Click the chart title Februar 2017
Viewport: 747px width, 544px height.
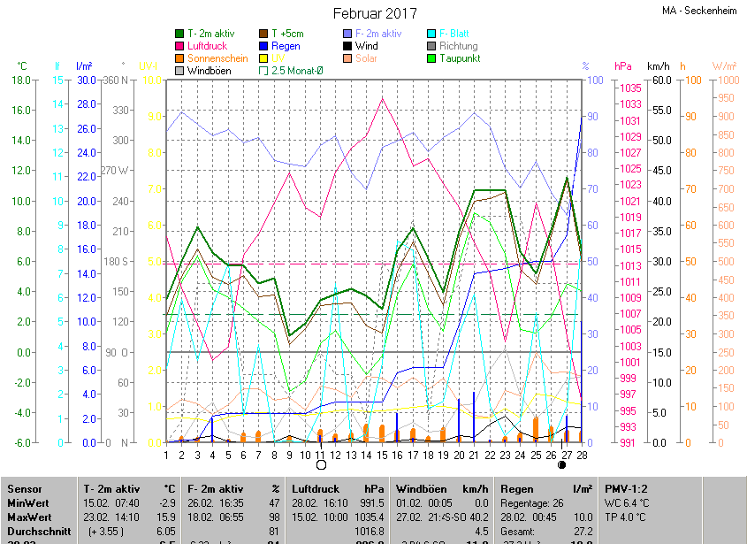(375, 13)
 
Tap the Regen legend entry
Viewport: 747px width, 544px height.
(286, 46)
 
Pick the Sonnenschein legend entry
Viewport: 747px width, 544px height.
(217, 58)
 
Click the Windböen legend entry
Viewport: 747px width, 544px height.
(209, 71)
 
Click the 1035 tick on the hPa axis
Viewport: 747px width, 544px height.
(630, 88)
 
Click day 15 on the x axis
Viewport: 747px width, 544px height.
(382, 455)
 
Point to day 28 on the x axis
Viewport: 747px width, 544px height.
(582, 455)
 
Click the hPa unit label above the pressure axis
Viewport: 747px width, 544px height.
(622, 66)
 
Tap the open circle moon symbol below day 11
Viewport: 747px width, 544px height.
(321, 464)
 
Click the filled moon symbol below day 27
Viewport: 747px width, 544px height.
(562, 464)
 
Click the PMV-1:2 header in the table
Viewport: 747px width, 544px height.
(628, 488)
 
